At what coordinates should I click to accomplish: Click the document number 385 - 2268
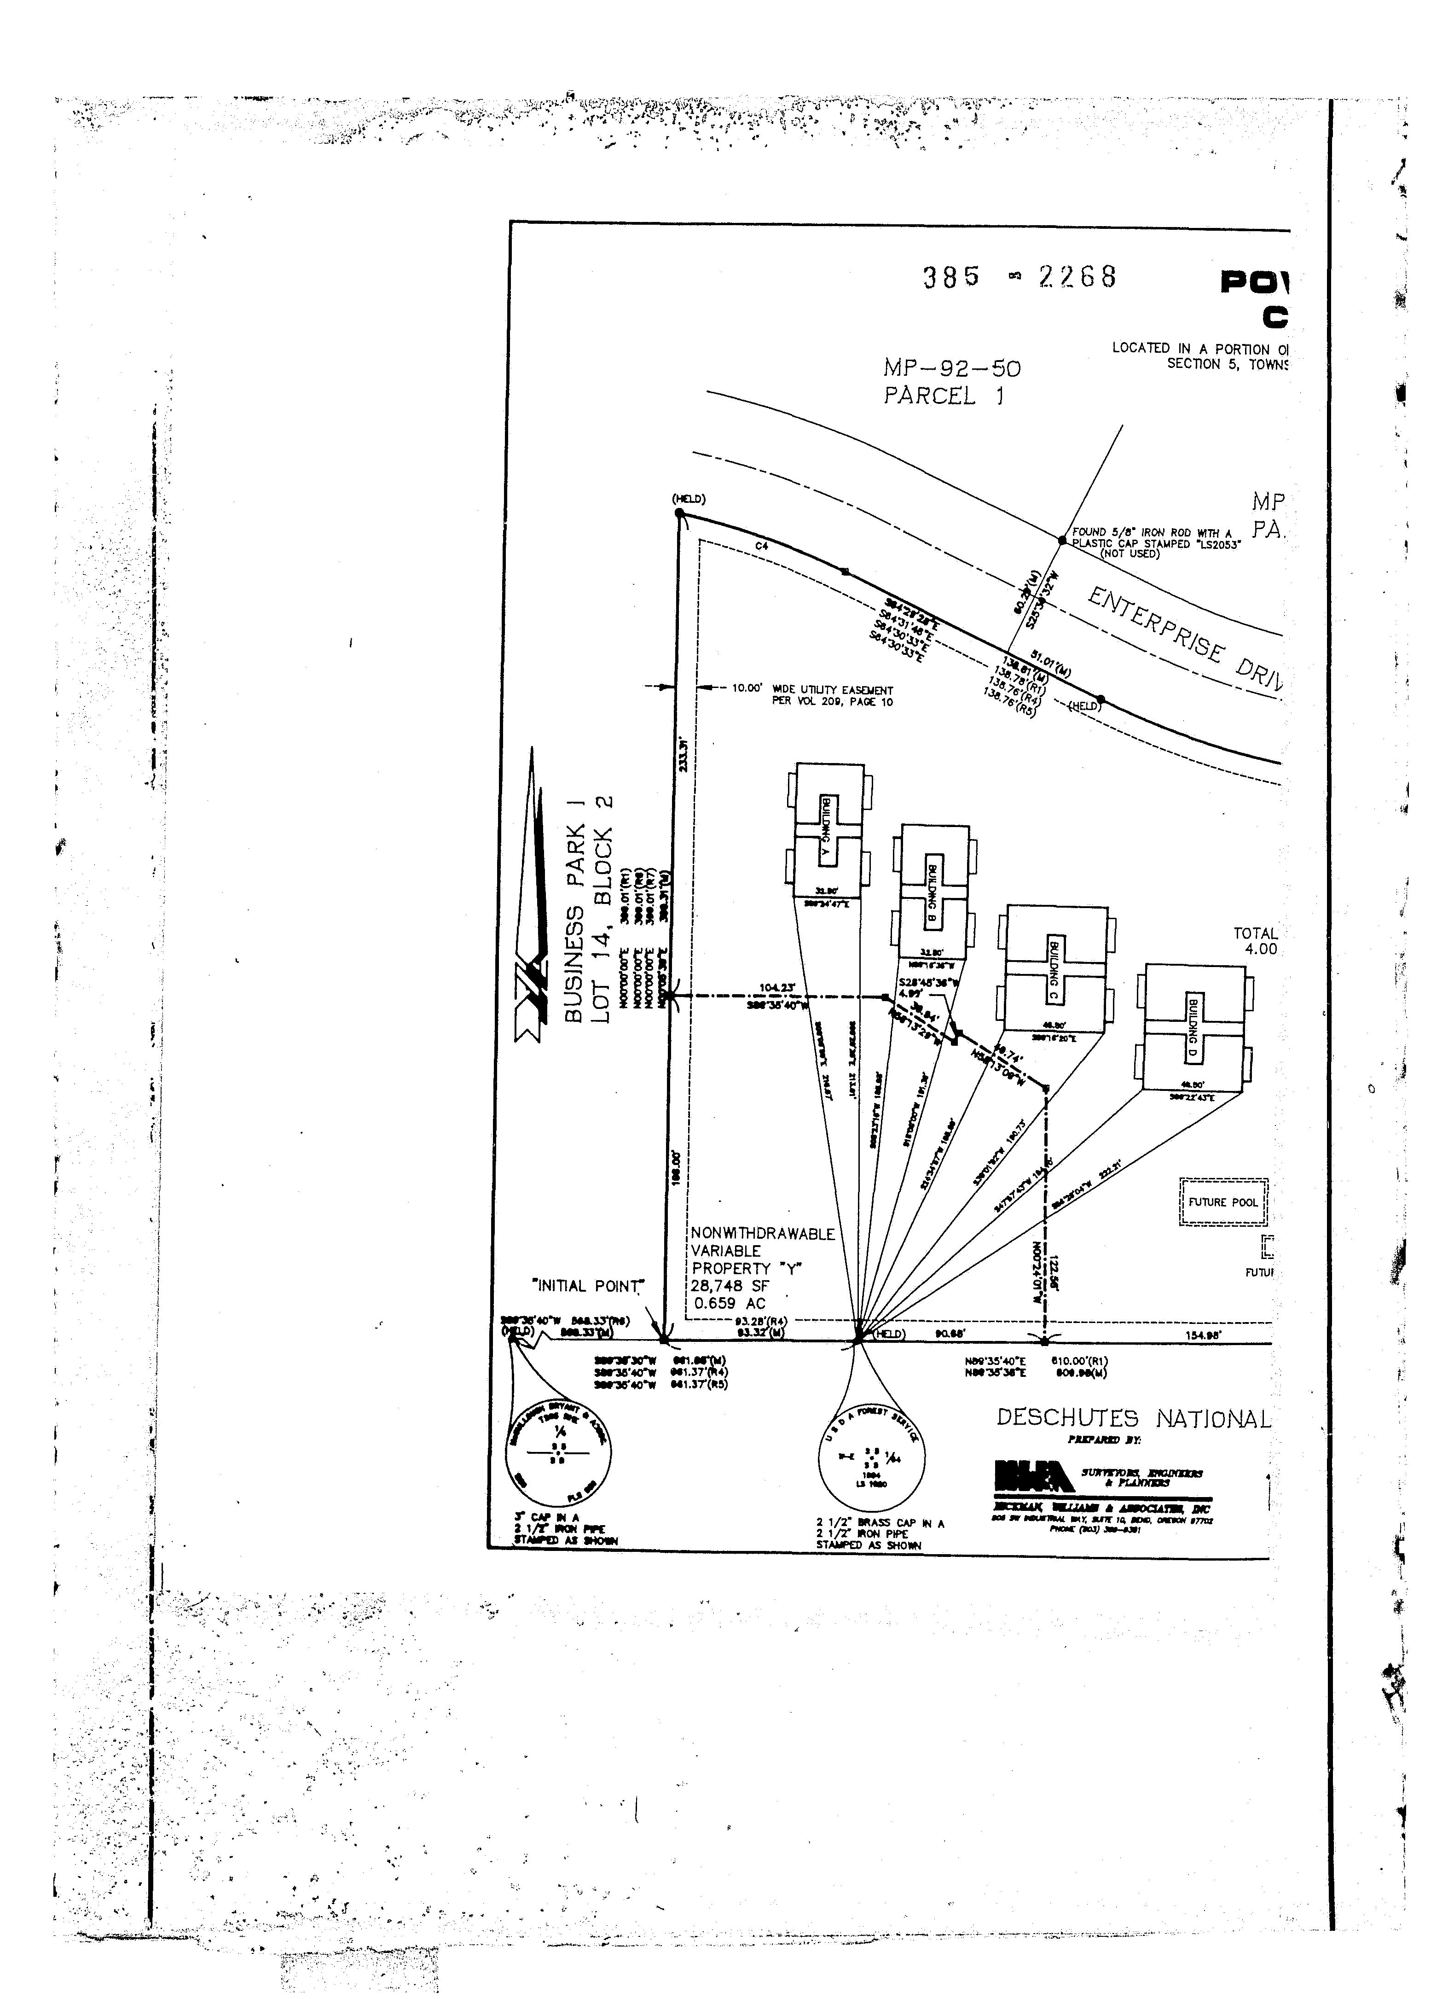pos(1020,278)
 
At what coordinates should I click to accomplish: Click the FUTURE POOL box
pos(1223,1202)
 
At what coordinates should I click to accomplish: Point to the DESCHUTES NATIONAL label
pos(1134,1419)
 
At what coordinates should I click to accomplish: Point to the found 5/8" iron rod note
pos(1154,543)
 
